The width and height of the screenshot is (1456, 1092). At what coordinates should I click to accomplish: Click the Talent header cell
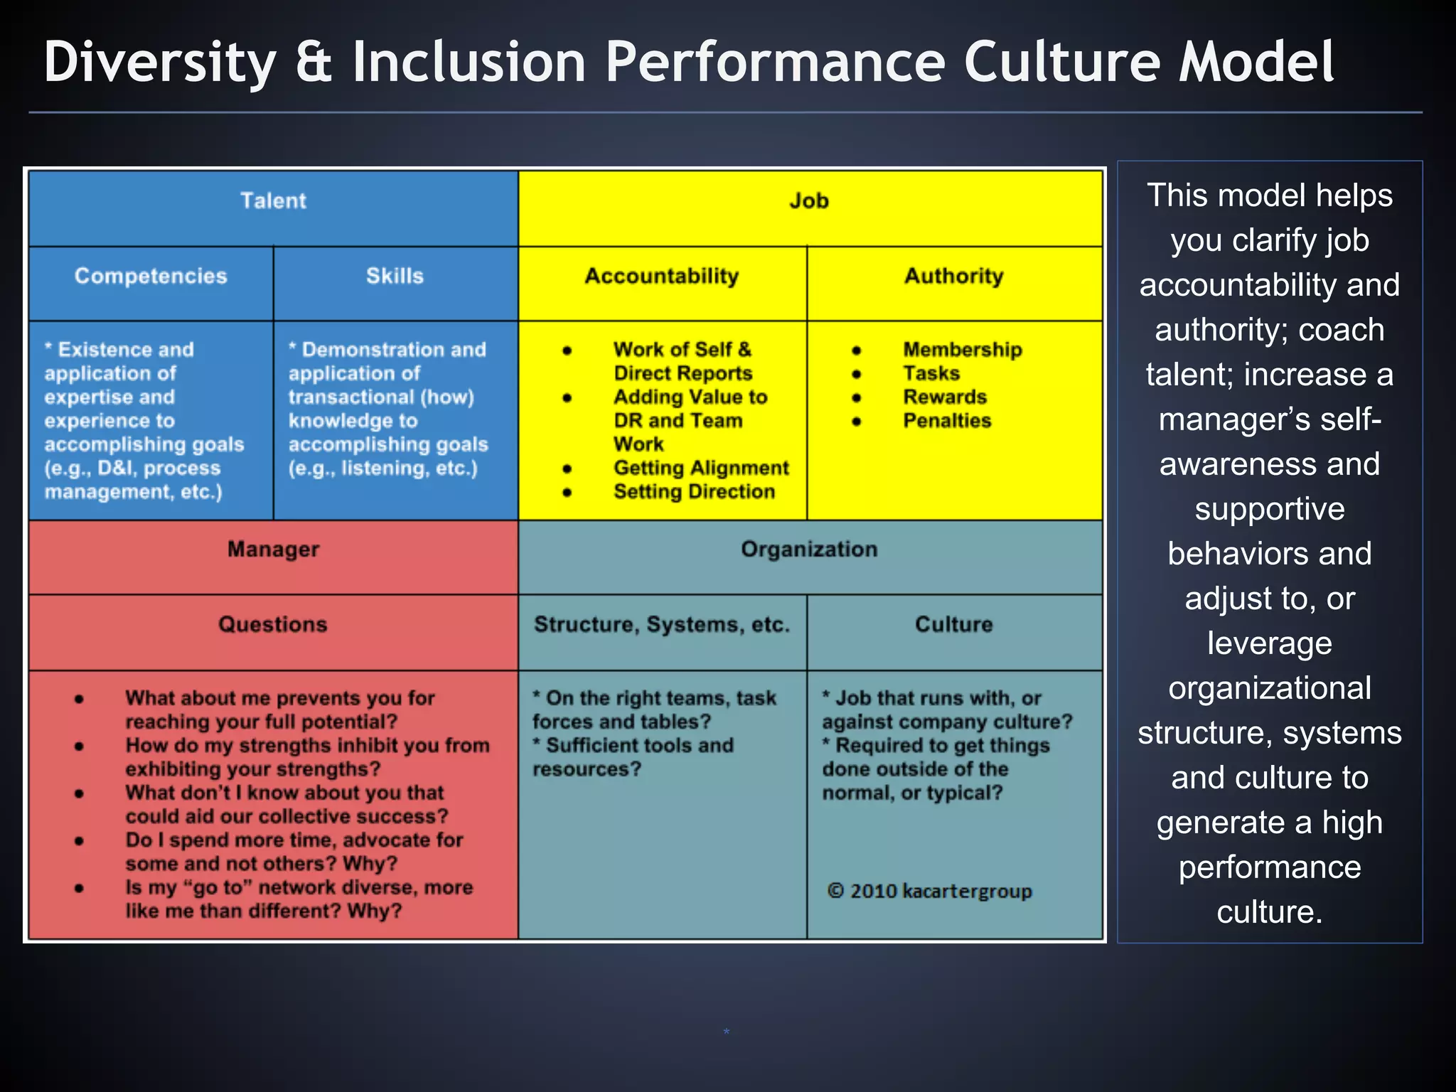tap(273, 201)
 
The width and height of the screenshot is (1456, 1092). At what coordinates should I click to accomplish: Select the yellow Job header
tap(809, 201)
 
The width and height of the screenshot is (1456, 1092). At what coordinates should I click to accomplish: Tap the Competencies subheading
tap(151, 276)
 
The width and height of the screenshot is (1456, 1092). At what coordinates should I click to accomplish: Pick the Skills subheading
tap(395, 276)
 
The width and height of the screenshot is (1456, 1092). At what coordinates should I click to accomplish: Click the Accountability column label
tap(662, 276)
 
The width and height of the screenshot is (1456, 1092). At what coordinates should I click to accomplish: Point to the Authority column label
tap(954, 276)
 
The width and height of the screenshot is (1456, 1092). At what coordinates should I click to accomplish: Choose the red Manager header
tap(273, 550)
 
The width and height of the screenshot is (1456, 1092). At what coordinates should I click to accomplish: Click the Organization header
tap(809, 550)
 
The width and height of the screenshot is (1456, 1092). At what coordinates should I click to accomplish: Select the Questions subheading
tap(273, 624)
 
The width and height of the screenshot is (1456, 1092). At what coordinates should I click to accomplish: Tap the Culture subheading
tap(954, 624)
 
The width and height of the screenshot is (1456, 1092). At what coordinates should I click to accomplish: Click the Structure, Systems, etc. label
tap(662, 624)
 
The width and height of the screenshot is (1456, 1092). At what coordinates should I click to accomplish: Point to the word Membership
tap(963, 350)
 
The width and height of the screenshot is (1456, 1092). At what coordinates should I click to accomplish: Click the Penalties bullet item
tap(947, 421)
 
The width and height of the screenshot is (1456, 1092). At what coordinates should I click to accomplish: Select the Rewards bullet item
tap(945, 397)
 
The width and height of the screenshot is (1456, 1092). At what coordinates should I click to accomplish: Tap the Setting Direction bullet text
tap(694, 492)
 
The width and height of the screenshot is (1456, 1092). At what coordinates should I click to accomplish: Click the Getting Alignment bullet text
tap(701, 468)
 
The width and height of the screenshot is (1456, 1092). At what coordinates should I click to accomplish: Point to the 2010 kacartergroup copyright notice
tap(930, 892)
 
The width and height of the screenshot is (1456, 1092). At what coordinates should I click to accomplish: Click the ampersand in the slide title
tap(314, 63)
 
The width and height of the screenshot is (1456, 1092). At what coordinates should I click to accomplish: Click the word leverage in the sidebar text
tap(1270, 643)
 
